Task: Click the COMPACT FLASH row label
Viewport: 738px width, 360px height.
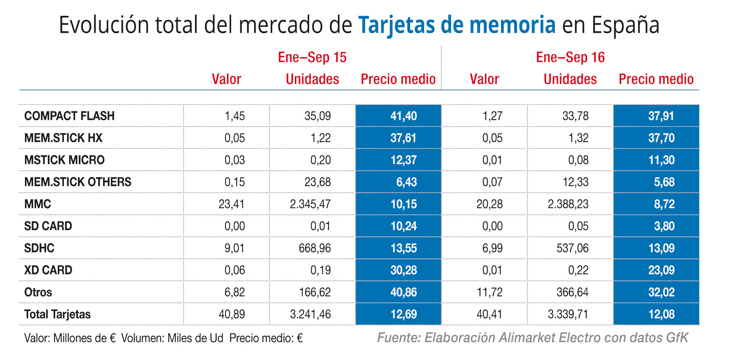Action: tap(69, 116)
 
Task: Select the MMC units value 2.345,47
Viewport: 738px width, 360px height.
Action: tap(310, 204)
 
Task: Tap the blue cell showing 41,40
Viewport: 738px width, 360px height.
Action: tap(403, 116)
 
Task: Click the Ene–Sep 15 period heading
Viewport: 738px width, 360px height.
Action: tap(312, 57)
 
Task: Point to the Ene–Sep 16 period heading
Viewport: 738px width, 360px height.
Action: tap(570, 57)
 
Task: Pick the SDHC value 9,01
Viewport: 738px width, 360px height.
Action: tap(234, 248)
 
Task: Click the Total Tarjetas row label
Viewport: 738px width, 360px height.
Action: tap(57, 314)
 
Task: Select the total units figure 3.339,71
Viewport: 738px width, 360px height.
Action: tap(568, 314)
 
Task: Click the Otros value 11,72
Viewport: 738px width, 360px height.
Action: tap(489, 292)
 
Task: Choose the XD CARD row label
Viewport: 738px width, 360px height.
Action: tap(48, 270)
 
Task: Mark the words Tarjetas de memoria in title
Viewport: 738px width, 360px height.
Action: tap(457, 25)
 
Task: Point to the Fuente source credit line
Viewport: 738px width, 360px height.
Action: tap(533, 338)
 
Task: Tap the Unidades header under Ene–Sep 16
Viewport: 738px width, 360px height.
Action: tap(570, 79)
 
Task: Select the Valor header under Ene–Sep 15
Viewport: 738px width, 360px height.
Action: tap(226, 79)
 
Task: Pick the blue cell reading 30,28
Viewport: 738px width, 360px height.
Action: tap(403, 270)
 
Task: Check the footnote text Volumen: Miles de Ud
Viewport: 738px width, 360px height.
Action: tap(172, 338)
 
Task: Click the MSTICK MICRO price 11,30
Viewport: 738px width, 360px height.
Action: tap(661, 160)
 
